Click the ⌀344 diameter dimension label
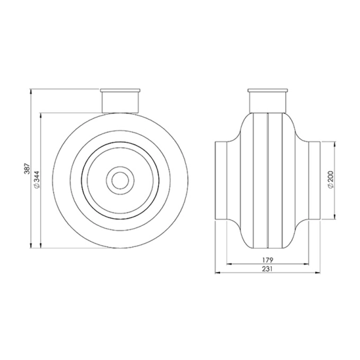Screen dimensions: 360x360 (x=36, y=181)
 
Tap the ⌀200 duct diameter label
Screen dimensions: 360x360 (x=332, y=181)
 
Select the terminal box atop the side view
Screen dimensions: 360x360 (x=268, y=100)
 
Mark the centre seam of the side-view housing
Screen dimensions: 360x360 (x=268, y=180)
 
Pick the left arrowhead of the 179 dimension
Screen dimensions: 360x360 (x=228, y=263)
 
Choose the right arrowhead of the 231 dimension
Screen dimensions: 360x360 (x=319, y=273)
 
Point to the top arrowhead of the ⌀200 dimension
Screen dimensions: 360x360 (x=336, y=144)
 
